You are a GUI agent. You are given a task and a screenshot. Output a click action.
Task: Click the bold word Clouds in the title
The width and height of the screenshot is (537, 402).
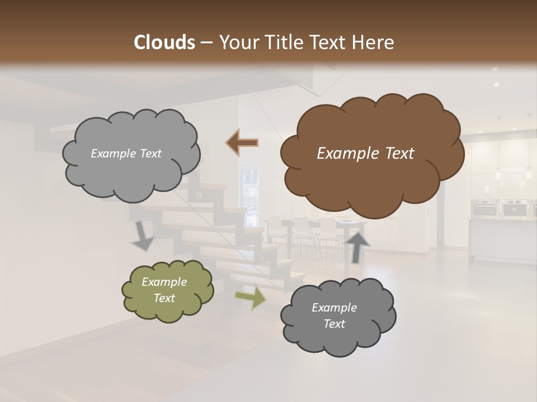coord(164,42)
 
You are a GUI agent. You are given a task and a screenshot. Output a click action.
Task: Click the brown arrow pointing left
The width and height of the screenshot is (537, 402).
coord(242,143)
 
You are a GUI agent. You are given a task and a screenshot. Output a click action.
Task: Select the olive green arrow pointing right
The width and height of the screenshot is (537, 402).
coord(251,298)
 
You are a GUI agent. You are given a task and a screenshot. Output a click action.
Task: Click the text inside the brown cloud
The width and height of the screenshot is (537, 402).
coord(365,154)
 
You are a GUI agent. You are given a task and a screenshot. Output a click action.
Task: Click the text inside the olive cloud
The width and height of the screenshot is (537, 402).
coord(164,290)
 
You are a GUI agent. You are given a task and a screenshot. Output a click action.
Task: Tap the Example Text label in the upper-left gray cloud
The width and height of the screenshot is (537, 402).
coord(126,154)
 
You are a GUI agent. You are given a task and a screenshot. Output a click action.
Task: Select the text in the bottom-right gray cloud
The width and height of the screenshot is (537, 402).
coord(334,315)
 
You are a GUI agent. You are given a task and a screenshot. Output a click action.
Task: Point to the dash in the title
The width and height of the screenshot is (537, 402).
coord(206,43)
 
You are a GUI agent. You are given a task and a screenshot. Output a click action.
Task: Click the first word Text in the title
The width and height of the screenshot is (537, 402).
coord(331,42)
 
